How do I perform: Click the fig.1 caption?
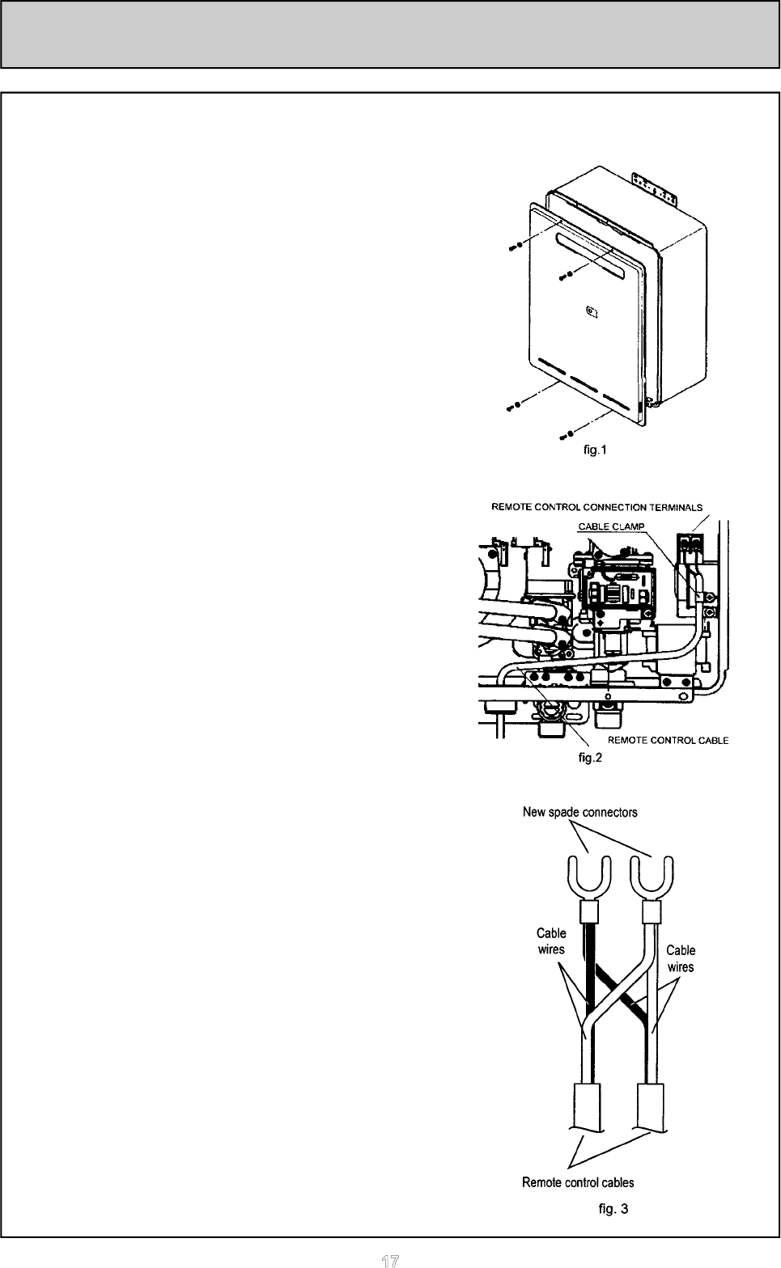point(595,450)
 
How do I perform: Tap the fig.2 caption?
point(589,758)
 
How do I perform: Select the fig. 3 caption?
point(613,1208)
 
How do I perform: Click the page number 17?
point(390,1261)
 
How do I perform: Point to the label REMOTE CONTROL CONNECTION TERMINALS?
point(597,507)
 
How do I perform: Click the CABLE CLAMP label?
point(611,526)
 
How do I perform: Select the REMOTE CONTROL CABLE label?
point(669,741)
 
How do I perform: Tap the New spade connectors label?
point(580,812)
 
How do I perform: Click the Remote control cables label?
point(578,1182)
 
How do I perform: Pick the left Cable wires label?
point(551,940)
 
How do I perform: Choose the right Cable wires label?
point(680,958)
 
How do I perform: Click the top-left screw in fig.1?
point(515,247)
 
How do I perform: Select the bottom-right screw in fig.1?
point(566,435)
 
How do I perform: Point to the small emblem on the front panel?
point(592,311)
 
